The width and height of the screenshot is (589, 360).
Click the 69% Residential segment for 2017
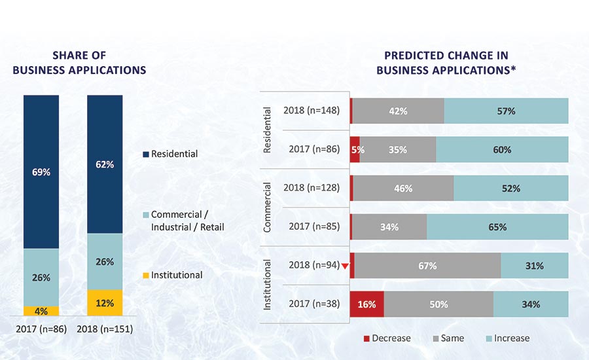tap(41, 171)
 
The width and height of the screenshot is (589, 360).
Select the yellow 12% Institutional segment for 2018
tap(105, 303)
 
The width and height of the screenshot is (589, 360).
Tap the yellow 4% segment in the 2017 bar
tap(41, 312)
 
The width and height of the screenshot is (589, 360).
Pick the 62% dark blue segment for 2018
tap(105, 164)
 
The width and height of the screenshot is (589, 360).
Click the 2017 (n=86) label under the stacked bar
tap(41, 329)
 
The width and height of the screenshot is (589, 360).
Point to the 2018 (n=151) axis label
tap(105, 329)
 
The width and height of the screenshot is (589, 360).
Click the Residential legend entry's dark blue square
tap(145, 154)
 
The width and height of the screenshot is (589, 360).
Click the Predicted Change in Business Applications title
tap(446, 63)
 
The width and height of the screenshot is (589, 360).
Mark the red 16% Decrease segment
tap(367, 304)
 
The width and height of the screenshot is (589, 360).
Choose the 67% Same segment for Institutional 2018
tap(428, 266)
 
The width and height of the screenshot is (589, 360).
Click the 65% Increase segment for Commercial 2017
tap(497, 227)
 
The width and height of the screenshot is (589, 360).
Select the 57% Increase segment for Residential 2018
tap(506, 111)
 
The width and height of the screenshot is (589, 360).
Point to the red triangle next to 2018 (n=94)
tap(346, 266)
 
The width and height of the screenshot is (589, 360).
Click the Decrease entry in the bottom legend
tap(387, 338)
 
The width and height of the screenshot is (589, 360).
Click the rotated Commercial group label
tap(267, 207)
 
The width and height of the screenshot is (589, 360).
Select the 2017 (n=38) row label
tap(314, 304)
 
